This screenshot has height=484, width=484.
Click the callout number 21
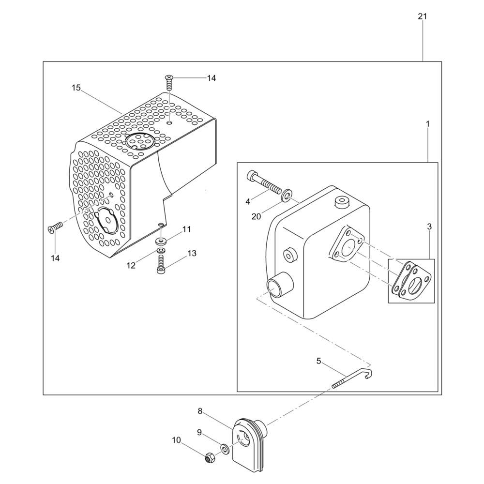click(x=422, y=16)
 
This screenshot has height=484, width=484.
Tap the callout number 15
click(x=76, y=88)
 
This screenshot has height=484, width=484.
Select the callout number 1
click(x=428, y=124)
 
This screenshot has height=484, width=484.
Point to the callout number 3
click(x=429, y=227)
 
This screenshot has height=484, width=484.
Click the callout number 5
click(x=319, y=361)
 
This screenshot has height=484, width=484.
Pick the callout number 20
click(x=256, y=217)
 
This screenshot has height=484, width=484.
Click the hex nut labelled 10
click(x=210, y=457)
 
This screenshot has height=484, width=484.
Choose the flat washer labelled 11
click(x=161, y=240)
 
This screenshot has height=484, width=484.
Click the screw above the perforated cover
click(x=169, y=81)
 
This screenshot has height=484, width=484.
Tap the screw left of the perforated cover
click(x=56, y=227)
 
